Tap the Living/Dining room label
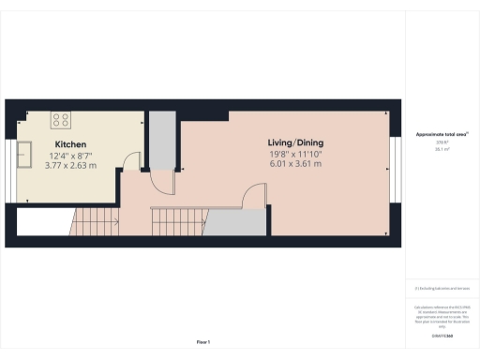pos(295,143)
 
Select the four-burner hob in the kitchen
pos(62,119)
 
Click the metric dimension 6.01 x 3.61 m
pos(295,164)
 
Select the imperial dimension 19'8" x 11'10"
pos(295,154)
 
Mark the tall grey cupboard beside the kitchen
pos(161,141)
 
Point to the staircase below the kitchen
pos(94,222)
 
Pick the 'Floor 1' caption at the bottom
pos(203,341)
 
